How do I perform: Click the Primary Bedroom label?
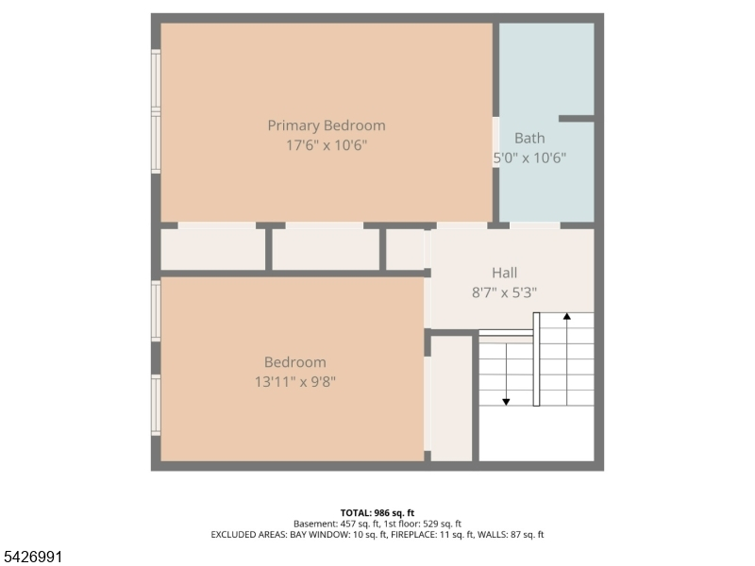(327, 125)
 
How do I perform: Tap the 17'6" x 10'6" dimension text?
(327, 145)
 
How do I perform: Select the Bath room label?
(529, 138)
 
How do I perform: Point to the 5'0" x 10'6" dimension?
(529, 158)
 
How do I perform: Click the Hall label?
(505, 273)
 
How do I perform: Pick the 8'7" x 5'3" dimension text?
(504, 292)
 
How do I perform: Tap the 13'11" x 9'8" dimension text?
(295, 382)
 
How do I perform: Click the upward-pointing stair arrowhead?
(567, 316)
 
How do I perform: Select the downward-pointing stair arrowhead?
(506, 402)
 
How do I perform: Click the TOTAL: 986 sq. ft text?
(377, 513)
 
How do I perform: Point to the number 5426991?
(31, 557)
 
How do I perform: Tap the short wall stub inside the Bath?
(577, 119)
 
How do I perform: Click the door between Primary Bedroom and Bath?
(495, 142)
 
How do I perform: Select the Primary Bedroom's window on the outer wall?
(156, 111)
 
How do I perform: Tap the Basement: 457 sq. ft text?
(336, 524)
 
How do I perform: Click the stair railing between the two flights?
(536, 359)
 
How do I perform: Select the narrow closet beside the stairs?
(451, 398)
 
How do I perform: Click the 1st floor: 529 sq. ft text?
(422, 524)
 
